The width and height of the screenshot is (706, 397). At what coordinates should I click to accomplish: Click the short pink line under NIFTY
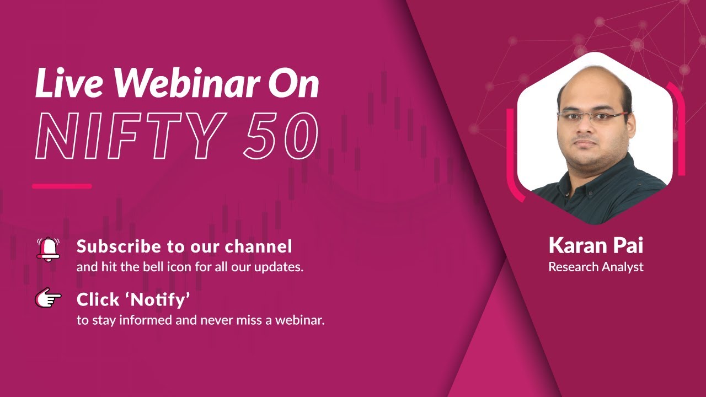pyautogui.click(x=62, y=186)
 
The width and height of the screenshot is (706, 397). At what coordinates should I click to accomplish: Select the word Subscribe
pyautogui.click(x=114, y=246)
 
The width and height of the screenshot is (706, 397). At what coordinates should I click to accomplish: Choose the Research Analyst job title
pyautogui.click(x=596, y=267)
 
